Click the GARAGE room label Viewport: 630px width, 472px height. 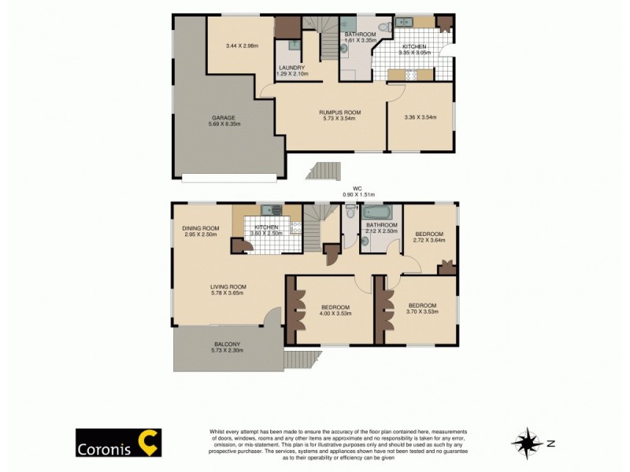pos(222,118)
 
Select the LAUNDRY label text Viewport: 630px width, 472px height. pos(291,68)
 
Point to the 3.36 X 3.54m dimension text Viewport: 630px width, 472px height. pos(420,118)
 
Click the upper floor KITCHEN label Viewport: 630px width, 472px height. pos(414,47)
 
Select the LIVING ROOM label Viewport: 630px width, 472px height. pos(228,286)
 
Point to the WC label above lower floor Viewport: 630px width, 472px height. pos(357,188)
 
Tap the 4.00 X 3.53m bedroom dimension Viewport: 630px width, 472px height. pos(335,313)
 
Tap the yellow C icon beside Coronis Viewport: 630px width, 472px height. pos(148,442)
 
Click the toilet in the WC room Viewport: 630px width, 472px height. pos(350,212)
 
